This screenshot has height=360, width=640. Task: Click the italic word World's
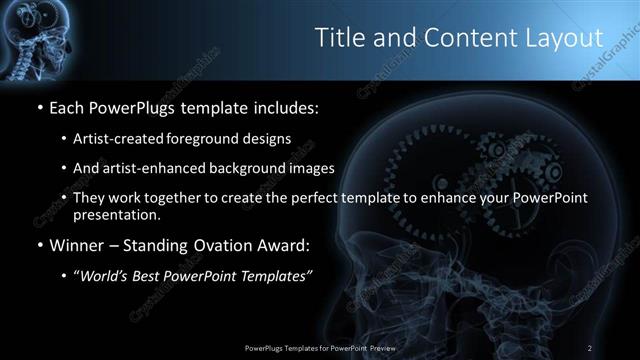point(104,275)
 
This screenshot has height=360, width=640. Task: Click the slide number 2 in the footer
point(590,347)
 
